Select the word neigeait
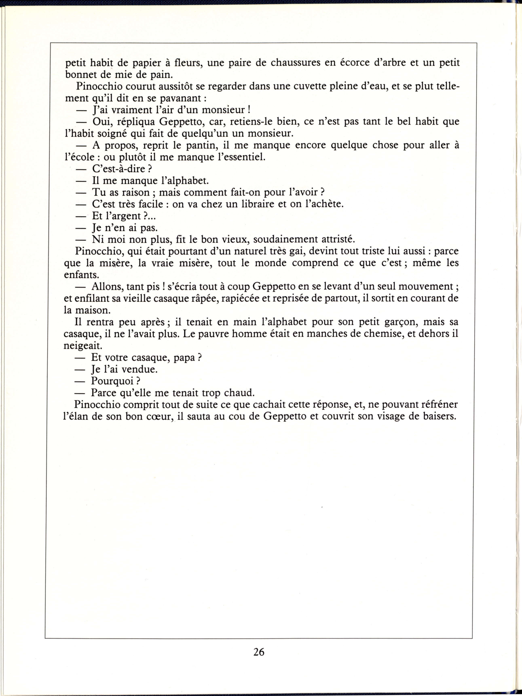point(83,346)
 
